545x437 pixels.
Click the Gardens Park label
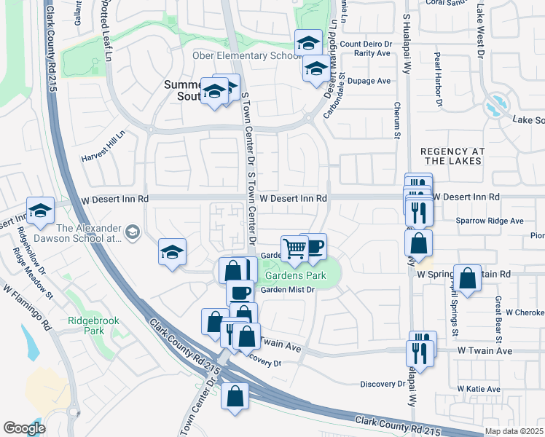point(295,276)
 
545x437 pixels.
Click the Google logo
point(24,428)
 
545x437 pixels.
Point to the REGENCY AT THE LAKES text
point(452,155)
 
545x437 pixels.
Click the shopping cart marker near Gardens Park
point(294,248)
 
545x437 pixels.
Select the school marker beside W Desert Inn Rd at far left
point(41,210)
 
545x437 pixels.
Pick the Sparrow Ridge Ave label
point(489,220)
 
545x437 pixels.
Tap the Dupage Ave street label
point(369,81)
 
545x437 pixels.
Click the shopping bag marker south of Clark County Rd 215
point(235,396)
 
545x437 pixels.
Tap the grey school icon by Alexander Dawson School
point(133,232)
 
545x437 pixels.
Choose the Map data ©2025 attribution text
point(513,431)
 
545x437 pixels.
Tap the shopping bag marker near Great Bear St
point(468,277)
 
